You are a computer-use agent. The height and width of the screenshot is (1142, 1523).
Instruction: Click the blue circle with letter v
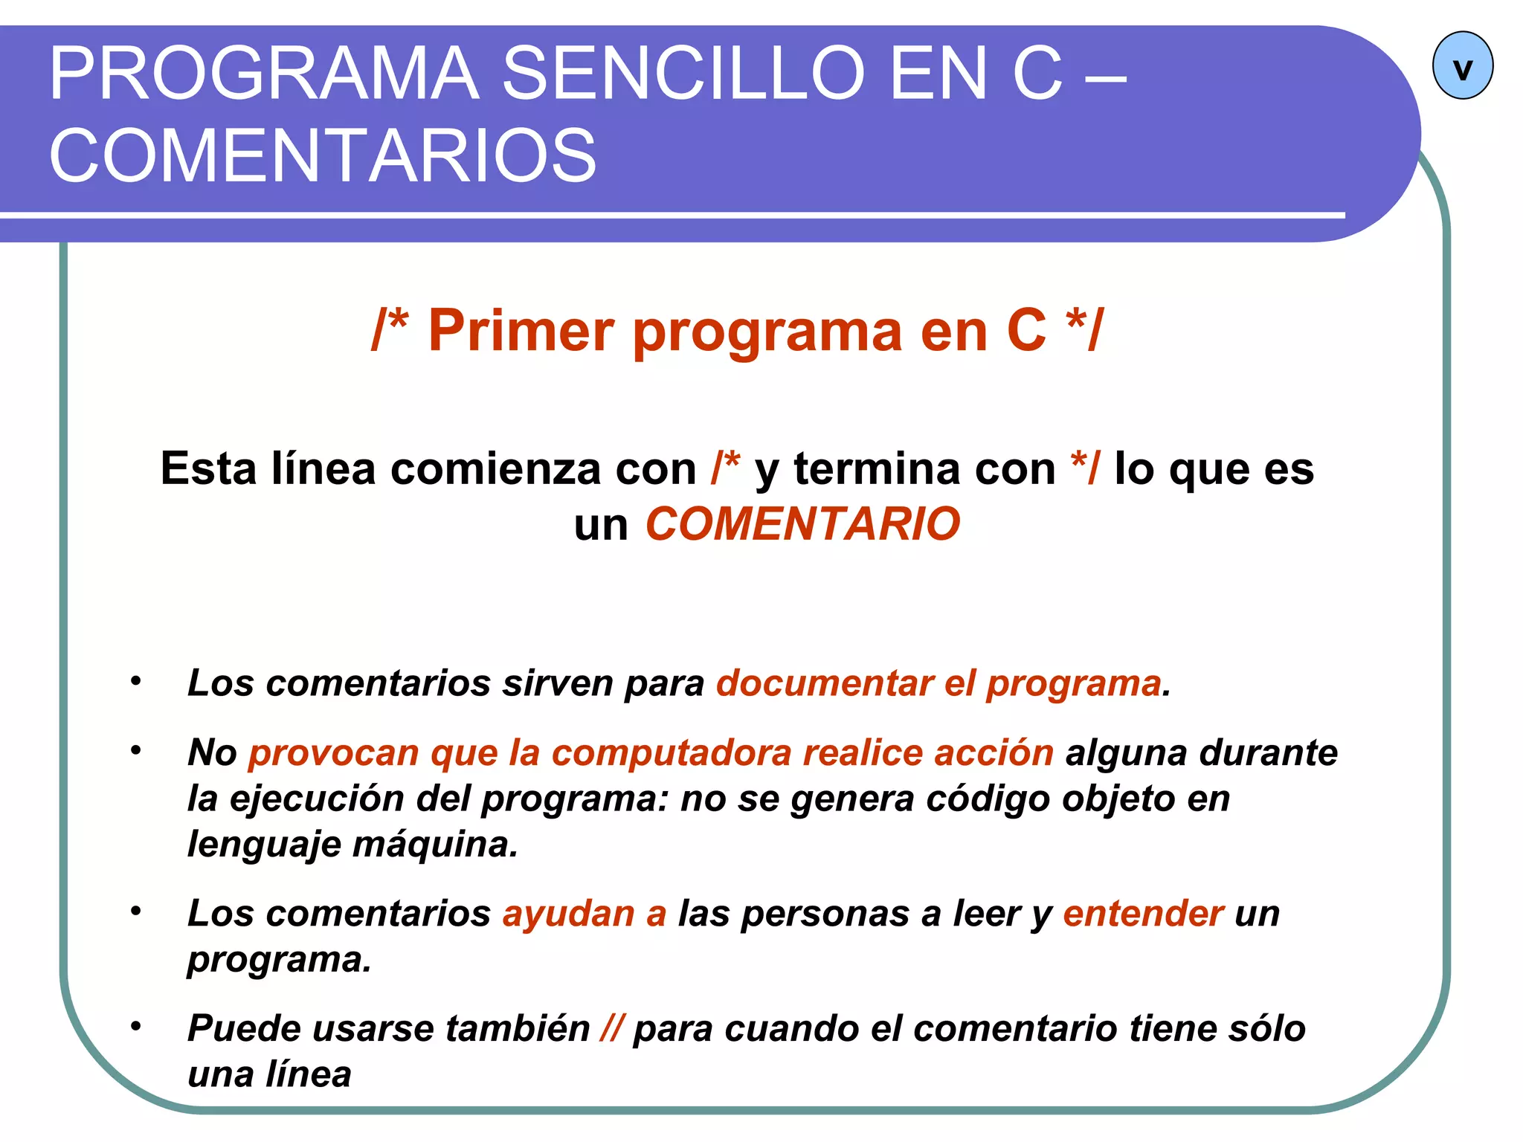pyautogui.click(x=1462, y=66)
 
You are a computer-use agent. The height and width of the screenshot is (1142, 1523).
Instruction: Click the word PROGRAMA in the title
pyautogui.click(x=264, y=74)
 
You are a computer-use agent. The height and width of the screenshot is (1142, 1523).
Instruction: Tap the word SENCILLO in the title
pyautogui.click(x=683, y=74)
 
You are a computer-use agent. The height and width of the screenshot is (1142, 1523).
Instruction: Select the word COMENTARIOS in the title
pyautogui.click(x=323, y=155)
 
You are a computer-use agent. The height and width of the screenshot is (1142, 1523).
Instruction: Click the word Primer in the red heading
pyautogui.click(x=521, y=330)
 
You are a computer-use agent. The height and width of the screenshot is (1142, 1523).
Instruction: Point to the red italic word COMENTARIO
pyautogui.click(x=802, y=524)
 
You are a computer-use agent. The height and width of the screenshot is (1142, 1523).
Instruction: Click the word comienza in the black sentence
pyautogui.click(x=495, y=469)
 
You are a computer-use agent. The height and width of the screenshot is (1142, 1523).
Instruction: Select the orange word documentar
pyautogui.click(x=823, y=683)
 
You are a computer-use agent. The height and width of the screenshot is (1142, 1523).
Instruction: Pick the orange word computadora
pyautogui.click(x=672, y=752)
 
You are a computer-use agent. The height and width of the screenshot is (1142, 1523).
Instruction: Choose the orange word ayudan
pyautogui.click(x=568, y=913)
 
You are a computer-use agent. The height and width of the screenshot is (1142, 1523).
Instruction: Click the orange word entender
pyautogui.click(x=1143, y=913)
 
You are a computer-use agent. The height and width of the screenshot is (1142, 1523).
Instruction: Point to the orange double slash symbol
pyautogui.click(x=611, y=1028)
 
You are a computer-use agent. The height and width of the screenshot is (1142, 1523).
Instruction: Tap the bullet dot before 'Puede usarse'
pyautogui.click(x=135, y=1027)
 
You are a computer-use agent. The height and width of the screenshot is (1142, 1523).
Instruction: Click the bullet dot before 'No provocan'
pyautogui.click(x=135, y=750)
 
